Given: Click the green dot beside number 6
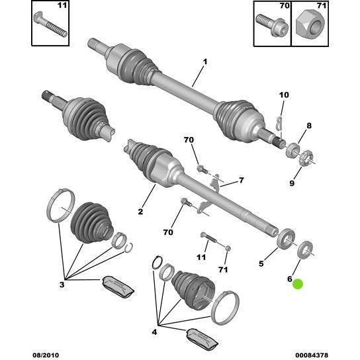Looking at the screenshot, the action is click(298, 284).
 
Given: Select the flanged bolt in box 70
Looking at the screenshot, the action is click(272, 25).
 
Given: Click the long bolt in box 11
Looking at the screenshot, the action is click(50, 24).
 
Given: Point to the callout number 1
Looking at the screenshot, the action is click(204, 62).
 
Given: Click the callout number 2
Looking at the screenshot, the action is click(140, 211).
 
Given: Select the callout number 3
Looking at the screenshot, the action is click(62, 285).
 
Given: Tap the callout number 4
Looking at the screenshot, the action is click(154, 332).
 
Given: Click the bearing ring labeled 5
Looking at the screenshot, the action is click(286, 239).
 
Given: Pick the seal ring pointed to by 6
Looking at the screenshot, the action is click(305, 249).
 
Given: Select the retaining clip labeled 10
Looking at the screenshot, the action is click(279, 124).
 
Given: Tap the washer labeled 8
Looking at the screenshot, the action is click(292, 150).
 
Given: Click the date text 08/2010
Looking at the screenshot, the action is click(46, 355).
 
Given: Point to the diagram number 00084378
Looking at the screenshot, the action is click(311, 355).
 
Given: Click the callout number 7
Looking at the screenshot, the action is click(241, 180).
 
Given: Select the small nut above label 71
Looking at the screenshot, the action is click(228, 248).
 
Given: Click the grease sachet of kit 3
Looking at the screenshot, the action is click(118, 287).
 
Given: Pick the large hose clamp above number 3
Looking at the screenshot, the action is click(61, 205).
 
